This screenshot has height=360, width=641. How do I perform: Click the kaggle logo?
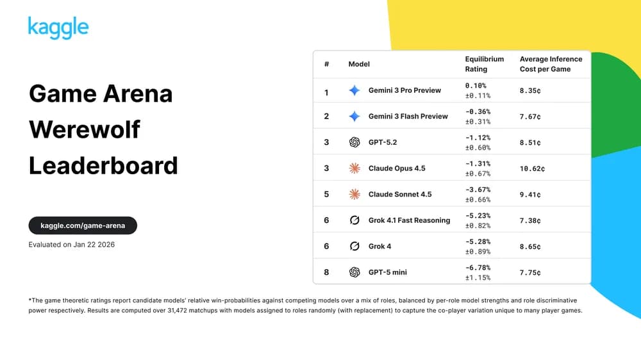(58, 28)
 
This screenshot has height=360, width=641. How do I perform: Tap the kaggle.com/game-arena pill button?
(83, 225)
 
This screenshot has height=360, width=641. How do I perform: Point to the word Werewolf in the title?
(85, 129)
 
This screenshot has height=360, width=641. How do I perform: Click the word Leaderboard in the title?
(103, 165)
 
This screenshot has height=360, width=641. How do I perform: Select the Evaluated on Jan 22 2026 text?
(72, 245)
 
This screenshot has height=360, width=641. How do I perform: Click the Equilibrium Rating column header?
(484, 64)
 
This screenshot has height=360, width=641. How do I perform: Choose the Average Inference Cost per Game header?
(551, 64)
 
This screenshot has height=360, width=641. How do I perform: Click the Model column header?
(359, 64)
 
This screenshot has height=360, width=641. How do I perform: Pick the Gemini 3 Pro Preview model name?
(404, 90)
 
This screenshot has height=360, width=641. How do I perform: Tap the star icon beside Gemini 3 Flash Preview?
(354, 117)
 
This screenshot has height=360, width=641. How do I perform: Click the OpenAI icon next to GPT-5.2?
(354, 142)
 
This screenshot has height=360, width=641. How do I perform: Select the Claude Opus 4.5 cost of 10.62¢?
(532, 168)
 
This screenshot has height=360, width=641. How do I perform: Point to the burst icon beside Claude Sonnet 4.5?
(354, 194)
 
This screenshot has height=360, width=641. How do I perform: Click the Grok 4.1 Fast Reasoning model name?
(409, 220)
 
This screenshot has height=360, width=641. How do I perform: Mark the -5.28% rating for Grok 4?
(477, 241)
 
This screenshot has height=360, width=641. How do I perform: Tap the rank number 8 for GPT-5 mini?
(326, 272)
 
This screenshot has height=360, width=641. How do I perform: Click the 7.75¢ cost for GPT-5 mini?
(530, 272)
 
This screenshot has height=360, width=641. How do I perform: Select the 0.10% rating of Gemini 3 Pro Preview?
(476, 85)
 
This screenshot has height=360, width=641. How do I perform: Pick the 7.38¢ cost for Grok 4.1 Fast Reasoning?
(530, 220)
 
